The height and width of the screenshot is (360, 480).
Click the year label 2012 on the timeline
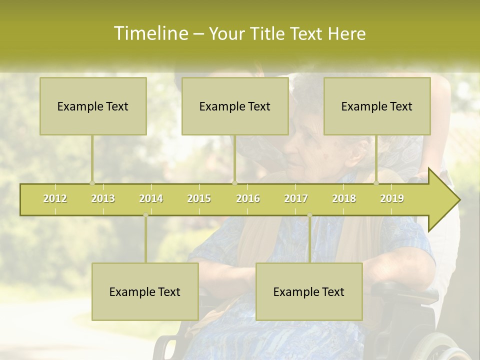click(x=55, y=198)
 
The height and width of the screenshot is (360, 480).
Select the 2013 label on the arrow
click(x=103, y=198)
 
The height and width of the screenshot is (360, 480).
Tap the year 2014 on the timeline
click(x=151, y=198)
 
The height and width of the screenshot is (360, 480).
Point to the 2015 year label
click(x=199, y=198)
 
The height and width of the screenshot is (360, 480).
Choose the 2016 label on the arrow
click(x=247, y=198)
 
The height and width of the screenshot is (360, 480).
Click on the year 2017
click(x=296, y=198)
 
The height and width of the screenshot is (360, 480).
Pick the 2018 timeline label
click(x=344, y=198)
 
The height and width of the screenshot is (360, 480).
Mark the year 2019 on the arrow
click(x=392, y=198)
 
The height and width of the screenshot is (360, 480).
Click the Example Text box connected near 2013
click(x=93, y=106)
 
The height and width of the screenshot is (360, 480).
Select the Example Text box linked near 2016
click(x=235, y=106)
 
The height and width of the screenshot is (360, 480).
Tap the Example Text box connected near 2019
click(x=377, y=106)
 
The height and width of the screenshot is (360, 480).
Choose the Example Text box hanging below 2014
click(x=145, y=291)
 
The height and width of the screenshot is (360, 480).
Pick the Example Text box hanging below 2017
click(x=309, y=291)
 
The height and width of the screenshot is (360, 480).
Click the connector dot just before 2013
click(x=92, y=183)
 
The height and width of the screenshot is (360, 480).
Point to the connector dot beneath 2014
click(x=145, y=215)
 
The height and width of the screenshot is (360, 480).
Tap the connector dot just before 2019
click(x=376, y=183)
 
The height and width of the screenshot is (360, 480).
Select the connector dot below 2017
click(x=309, y=215)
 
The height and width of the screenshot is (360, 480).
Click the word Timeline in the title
click(x=150, y=33)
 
